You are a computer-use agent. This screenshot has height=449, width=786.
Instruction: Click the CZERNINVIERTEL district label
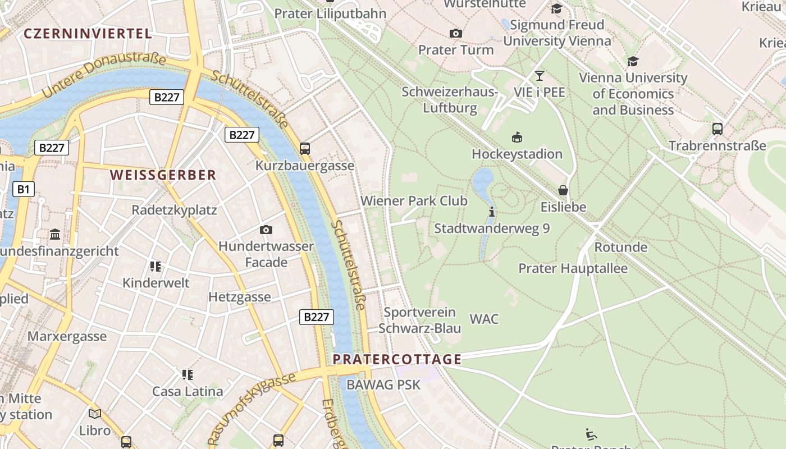[x=88, y=34]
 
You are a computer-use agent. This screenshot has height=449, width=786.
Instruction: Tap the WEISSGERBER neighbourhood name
[x=163, y=175]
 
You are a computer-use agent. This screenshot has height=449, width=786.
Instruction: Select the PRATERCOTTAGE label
[x=397, y=359]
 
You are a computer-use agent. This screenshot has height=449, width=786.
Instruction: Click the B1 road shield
[x=23, y=189]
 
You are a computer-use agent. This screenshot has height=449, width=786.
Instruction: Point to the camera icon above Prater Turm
[x=456, y=34]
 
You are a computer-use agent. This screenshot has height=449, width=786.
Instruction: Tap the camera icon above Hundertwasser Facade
[x=266, y=230]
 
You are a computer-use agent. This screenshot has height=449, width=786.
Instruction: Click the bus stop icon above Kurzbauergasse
[x=305, y=149]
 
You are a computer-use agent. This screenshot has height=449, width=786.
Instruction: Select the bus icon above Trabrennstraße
[x=717, y=129]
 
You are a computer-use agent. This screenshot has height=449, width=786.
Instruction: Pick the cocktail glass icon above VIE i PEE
[x=540, y=76]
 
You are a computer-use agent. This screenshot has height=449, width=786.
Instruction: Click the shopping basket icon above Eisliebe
[x=563, y=191]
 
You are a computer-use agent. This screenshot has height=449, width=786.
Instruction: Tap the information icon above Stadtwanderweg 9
[x=492, y=212]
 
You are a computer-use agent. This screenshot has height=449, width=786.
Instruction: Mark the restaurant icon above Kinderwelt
[x=156, y=266]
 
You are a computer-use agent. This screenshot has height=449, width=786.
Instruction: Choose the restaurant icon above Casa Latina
[x=188, y=374]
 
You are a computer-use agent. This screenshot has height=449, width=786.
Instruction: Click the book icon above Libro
[x=95, y=414]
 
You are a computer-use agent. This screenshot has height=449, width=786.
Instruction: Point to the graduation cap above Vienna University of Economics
[x=633, y=62]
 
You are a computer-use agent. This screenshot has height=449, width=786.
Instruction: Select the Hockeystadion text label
[x=517, y=154]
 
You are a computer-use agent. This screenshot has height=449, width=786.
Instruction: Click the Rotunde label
[x=620, y=247]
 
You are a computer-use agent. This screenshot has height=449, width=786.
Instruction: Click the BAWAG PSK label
[x=383, y=385]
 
